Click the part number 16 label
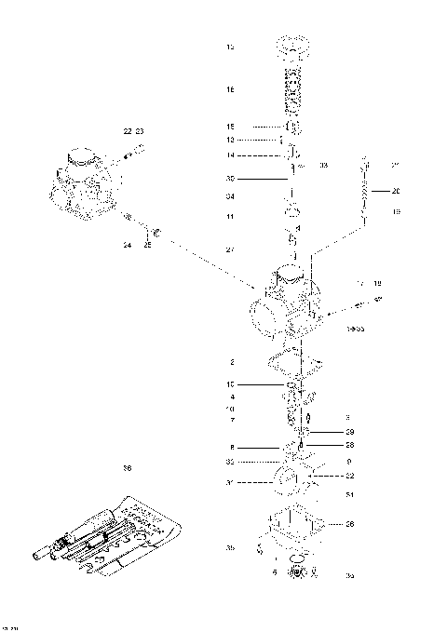(x=231, y=90)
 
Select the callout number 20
(x=395, y=192)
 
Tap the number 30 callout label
(x=231, y=178)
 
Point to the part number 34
(x=231, y=196)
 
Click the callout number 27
(x=231, y=249)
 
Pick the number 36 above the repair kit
(x=127, y=468)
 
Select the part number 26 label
(x=350, y=524)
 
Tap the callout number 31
(x=231, y=482)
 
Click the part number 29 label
(x=350, y=432)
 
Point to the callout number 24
(x=127, y=246)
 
